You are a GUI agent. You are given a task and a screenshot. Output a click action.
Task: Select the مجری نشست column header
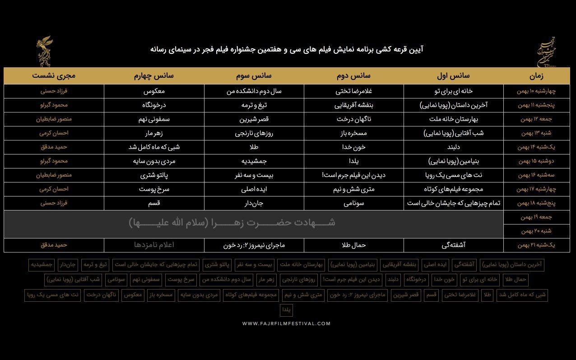click(x=54, y=75)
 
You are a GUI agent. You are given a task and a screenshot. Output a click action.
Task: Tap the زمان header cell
click(x=536, y=75)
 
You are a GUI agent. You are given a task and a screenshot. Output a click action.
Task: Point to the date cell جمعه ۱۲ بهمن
click(x=536, y=119)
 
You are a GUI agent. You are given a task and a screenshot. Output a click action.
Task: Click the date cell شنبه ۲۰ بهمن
click(x=536, y=231)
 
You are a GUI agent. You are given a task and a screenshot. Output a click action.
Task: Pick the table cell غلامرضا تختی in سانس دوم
click(x=353, y=91)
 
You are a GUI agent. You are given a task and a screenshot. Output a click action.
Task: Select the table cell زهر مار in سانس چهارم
click(x=154, y=133)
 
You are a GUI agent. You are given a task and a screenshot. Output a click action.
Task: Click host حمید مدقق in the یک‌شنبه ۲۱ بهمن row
click(x=54, y=245)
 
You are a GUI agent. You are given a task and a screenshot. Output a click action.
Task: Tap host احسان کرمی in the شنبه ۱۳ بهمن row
click(x=54, y=133)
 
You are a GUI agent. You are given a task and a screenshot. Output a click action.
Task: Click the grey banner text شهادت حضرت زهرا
click(x=232, y=223)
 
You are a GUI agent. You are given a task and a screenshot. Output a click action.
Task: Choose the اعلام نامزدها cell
click(x=154, y=245)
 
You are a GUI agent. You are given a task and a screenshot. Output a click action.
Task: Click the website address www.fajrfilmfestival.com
click(x=286, y=323)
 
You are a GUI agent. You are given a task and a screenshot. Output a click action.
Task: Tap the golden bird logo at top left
click(x=45, y=52)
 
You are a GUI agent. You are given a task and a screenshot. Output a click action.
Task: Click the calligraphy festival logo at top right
click(x=545, y=52)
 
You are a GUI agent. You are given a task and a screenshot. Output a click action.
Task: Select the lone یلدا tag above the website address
click(x=287, y=310)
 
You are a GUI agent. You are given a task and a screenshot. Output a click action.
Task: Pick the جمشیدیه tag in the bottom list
click(x=42, y=265)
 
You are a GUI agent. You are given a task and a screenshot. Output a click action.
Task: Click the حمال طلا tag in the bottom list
click(x=515, y=280)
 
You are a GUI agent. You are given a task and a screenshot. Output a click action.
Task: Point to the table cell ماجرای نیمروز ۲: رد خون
click(x=254, y=245)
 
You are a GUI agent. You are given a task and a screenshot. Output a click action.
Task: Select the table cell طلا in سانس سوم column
click(x=254, y=147)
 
